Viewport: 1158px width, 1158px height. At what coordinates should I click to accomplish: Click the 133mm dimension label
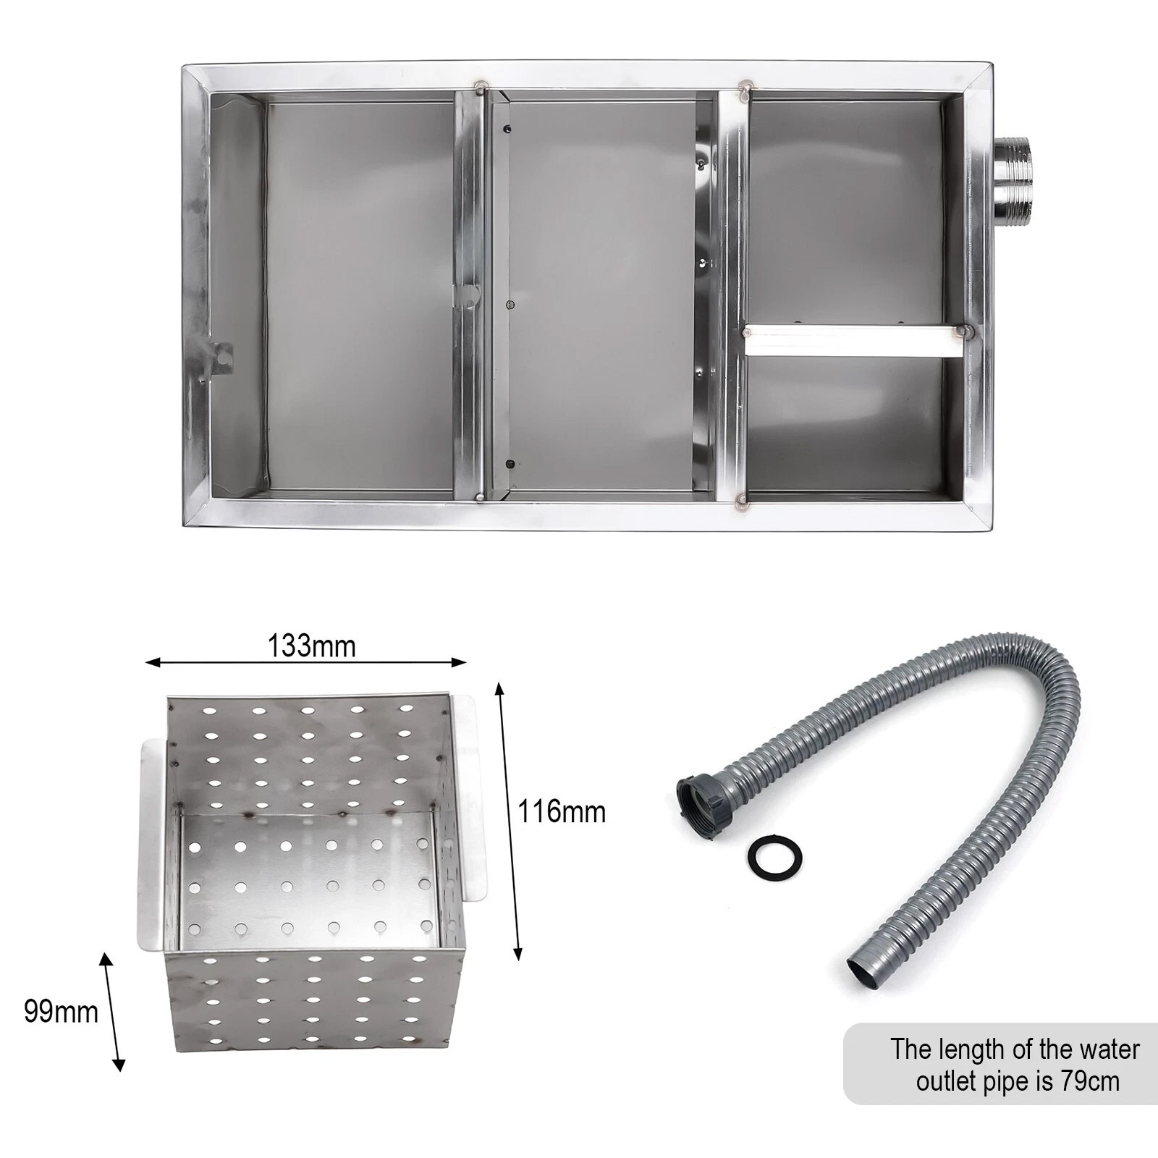[311, 646]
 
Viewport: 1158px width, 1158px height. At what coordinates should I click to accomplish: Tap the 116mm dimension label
[562, 811]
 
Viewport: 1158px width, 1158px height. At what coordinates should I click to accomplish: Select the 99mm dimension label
[61, 1012]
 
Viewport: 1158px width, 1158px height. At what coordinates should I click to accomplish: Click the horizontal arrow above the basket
[305, 662]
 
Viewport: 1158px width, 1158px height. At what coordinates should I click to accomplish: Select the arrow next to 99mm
[113, 1012]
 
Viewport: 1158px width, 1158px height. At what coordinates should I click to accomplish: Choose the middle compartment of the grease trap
[601, 296]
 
